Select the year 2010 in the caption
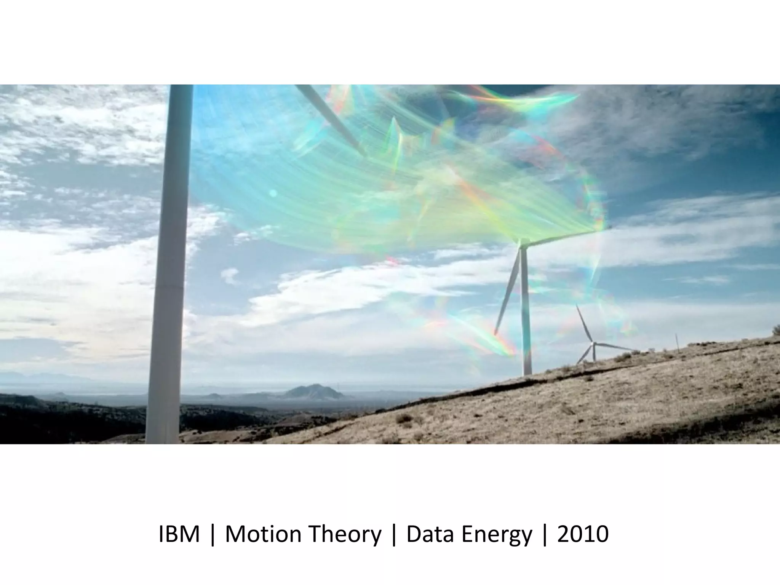[583, 534]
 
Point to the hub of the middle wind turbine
[524, 242]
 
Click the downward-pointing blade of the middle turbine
[507, 289]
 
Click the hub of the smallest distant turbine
[593, 344]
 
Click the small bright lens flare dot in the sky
[273, 193]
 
